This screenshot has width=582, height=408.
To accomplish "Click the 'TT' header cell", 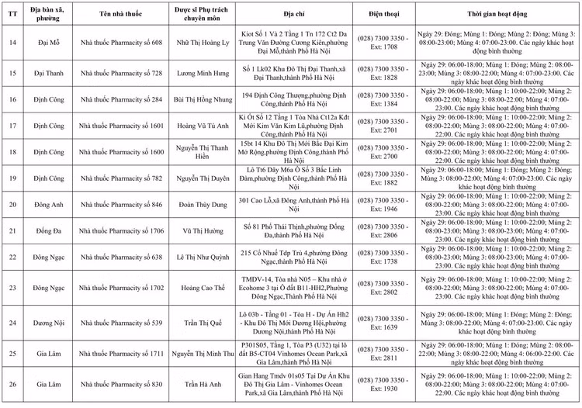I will pos(12,12).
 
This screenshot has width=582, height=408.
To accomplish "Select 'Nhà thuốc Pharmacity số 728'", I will pos(120,73).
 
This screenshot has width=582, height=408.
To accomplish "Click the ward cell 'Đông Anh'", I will pos(47,206).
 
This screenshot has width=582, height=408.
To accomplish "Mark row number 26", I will pos(12,385).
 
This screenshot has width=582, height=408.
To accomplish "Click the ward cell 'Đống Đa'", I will pos(47,231).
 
